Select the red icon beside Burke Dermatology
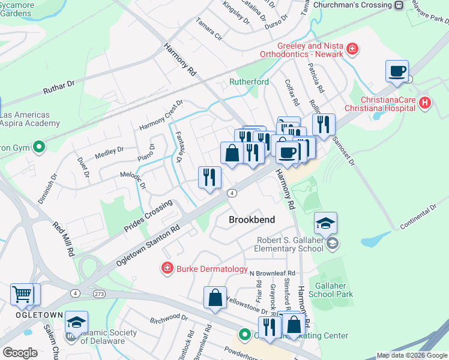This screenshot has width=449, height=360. point(167,268)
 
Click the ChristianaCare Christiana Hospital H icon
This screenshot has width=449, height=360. point(426,103)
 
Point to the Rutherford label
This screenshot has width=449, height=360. point(249,82)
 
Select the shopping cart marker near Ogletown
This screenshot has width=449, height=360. point(22,295)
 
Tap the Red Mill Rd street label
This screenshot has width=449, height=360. point(63,238)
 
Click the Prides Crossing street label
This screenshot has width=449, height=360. point(148,217)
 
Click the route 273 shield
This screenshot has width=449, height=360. point(99,293)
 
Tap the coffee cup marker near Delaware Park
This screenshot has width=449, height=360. point(397,71)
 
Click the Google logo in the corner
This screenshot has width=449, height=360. point(20,352)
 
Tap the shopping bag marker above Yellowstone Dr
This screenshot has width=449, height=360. point(215,298)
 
